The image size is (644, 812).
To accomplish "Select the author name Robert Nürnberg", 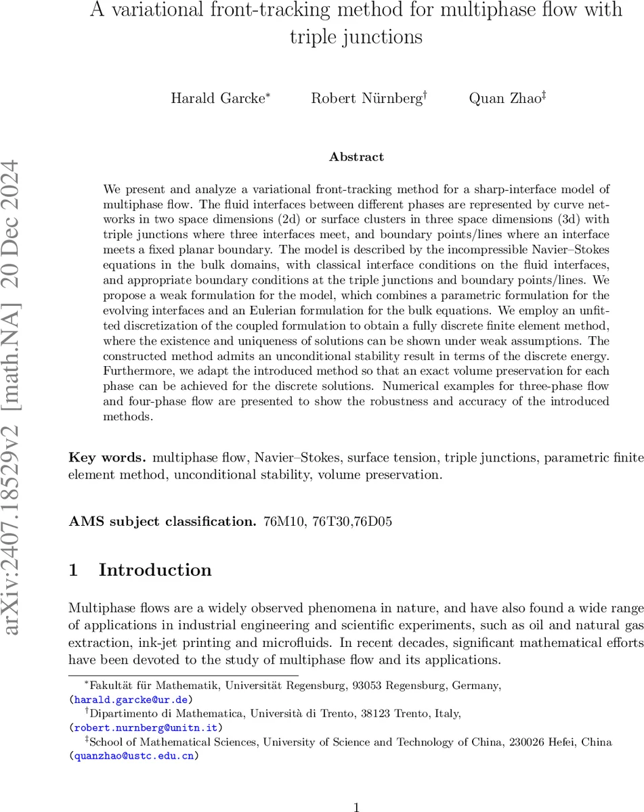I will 368,98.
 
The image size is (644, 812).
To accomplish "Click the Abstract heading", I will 356,157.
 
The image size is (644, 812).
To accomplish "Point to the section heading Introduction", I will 155,570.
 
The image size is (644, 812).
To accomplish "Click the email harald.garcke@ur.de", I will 133,700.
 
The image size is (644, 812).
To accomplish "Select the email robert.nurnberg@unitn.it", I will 146,728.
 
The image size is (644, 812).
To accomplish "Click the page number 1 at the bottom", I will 356,807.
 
